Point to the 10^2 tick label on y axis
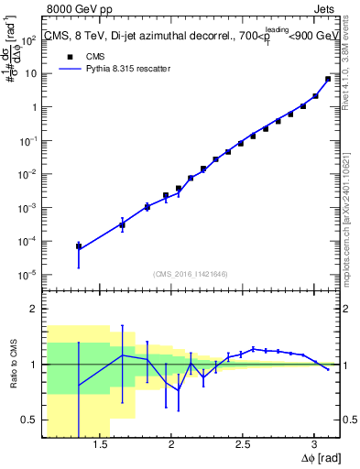29,39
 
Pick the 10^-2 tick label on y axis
29,174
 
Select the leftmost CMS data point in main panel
79,245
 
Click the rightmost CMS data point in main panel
328,79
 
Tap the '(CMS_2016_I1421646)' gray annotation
190,273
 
